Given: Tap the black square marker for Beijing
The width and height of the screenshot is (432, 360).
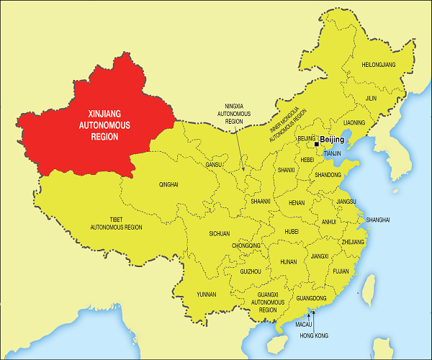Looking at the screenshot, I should [317, 143].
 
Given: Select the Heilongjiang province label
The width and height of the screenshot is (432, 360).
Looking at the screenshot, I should [379, 64].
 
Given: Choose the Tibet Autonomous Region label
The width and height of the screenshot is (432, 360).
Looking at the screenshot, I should [116, 222].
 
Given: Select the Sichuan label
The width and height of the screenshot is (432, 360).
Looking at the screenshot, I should [219, 233].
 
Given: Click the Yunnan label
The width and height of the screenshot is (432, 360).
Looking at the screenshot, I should [206, 294].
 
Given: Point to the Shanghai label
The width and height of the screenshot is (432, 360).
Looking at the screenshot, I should [378, 219].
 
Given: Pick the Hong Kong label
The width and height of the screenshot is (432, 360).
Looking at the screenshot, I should [313, 335].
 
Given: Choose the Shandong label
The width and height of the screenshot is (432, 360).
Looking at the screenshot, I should [328, 175].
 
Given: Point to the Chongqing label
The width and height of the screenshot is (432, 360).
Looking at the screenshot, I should [246, 246].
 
